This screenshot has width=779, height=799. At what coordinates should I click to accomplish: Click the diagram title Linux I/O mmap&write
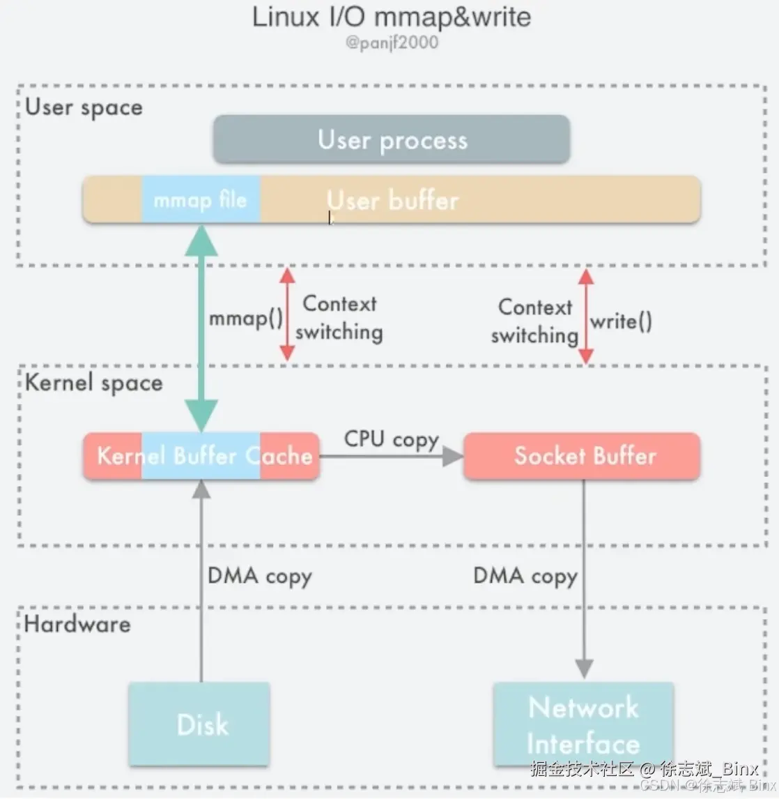coord(391,17)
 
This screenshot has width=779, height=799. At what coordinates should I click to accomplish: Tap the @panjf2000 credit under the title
coord(392,43)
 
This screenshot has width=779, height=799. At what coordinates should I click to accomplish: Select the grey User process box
coord(392,140)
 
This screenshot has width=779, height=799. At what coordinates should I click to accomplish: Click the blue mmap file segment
coord(201,200)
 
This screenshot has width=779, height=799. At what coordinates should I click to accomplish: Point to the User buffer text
coord(392,201)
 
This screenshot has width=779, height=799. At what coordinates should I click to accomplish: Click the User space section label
coord(84,107)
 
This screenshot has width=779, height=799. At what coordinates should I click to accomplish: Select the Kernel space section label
coord(93,383)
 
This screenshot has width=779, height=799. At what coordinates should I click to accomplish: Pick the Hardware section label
coord(77,624)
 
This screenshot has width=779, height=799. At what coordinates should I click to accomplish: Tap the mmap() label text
coord(246,319)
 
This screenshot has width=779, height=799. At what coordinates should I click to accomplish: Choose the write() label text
coord(621,321)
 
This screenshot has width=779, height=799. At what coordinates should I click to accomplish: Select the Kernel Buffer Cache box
coord(201,456)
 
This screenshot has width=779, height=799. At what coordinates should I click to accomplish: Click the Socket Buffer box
coord(582,456)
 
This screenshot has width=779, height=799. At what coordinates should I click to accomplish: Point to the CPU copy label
coord(391,439)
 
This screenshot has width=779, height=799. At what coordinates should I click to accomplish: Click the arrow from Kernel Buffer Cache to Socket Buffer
coord(391,457)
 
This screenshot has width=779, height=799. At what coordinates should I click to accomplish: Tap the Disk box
coord(199,724)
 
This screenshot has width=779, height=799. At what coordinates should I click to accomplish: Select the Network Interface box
coord(583,724)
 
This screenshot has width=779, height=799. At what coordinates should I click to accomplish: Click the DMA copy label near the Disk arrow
coord(259,577)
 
